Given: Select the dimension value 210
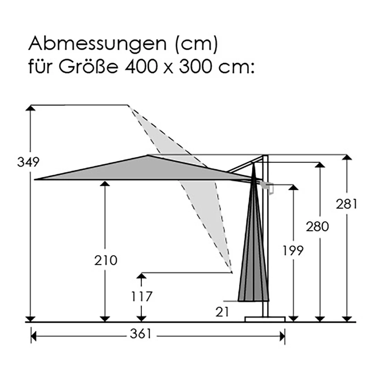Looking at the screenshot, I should pos(106,260).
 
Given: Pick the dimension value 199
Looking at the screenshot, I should pos(292,250).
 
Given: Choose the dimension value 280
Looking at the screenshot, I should pos(317,227).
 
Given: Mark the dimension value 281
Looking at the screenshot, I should pos(346,204).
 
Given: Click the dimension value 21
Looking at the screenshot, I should pos(222,312).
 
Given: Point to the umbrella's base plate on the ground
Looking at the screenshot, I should pos(265,319).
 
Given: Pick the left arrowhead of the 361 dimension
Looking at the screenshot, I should pos(34,336).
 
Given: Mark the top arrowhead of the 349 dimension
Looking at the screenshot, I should pos(31,108).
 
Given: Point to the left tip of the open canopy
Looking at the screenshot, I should pos(35,179).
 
